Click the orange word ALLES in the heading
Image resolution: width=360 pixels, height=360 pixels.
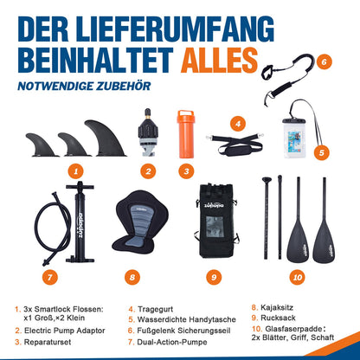219,61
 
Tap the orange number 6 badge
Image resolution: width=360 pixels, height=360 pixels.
324,61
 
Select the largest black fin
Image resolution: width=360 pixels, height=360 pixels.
106,138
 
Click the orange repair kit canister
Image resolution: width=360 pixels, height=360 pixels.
186,134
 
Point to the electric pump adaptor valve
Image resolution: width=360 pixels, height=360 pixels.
148,132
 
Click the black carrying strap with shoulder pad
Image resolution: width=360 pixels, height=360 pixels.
235,144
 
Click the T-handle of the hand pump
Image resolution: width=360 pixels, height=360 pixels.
80,186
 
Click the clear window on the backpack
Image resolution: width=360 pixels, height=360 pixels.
215,227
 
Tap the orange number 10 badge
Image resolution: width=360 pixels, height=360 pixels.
297,277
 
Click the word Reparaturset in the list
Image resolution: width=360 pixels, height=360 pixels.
48,342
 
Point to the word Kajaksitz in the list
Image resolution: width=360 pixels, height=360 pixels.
277,307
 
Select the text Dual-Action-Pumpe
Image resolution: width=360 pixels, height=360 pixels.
172,342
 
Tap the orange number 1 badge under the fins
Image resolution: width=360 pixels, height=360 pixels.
75,171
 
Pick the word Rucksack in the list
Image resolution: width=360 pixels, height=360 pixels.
278,318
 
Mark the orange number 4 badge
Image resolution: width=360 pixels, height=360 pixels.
238,124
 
